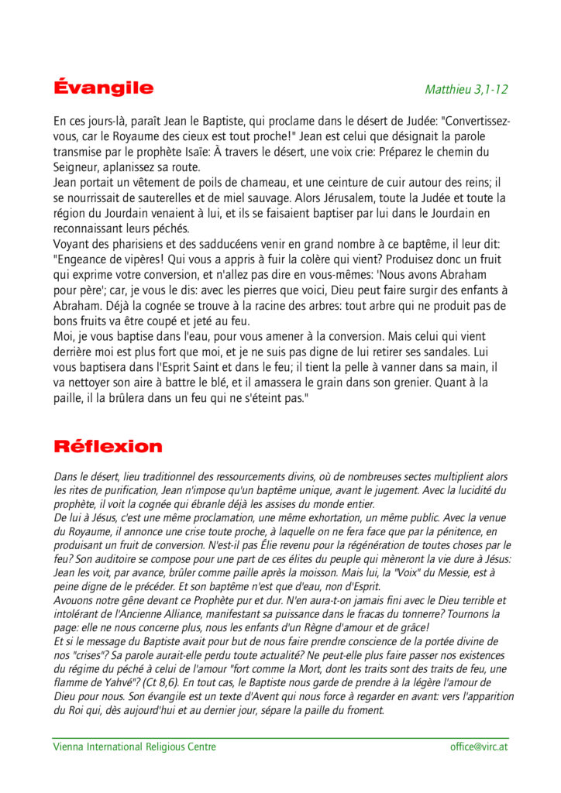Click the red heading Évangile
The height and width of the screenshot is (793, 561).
(103, 88)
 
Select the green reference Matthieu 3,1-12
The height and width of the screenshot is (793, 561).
(466, 89)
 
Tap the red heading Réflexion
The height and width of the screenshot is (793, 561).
(108, 446)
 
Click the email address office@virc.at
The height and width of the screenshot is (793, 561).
(479, 747)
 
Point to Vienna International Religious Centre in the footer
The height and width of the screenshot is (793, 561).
(134, 747)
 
